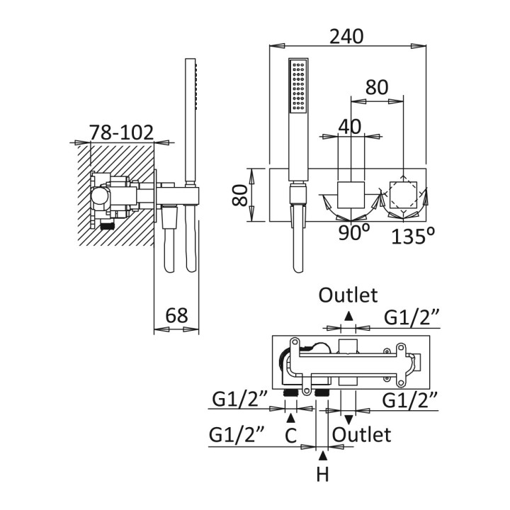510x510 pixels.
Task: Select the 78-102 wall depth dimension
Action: [121, 132]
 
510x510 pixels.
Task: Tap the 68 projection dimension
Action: [177, 315]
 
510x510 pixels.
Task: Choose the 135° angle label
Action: [412, 235]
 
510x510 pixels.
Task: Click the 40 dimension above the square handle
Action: [349, 126]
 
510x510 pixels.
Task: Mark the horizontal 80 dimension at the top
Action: [377, 88]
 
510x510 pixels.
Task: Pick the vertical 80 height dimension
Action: [241, 194]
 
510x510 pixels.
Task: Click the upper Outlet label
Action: [348, 295]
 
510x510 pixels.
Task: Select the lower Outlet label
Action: [361, 433]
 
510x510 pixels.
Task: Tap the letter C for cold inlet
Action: [290, 436]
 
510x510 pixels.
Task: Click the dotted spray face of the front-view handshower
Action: [297, 88]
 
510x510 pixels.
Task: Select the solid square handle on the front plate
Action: [348, 194]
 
